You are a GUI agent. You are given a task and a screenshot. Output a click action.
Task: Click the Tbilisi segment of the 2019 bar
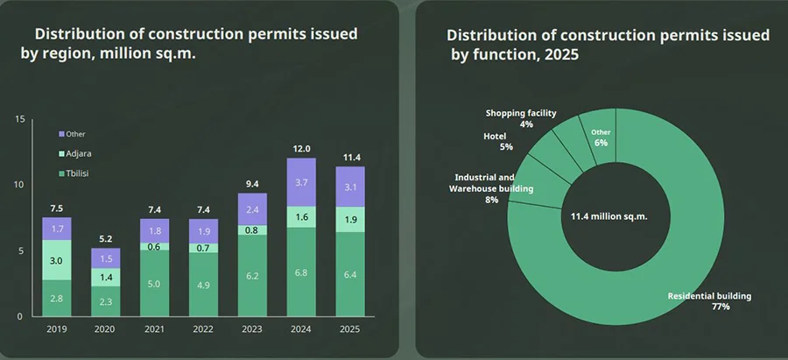[57, 299]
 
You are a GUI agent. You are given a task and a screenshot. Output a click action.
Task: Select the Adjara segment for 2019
[57, 260]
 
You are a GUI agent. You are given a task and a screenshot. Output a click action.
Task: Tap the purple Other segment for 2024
[301, 182]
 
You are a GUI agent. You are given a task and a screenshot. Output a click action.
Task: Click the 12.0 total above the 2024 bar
[301, 149]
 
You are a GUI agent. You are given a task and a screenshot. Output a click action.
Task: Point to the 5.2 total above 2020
[105, 239]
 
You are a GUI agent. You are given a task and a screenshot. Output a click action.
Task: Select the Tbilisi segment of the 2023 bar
[252, 275]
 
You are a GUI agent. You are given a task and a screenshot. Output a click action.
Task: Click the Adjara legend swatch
[61, 153]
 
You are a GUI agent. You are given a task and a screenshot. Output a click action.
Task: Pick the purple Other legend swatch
[61, 134]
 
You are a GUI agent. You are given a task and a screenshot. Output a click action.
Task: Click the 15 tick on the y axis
[19, 119]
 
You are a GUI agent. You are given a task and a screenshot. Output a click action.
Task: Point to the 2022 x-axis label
[203, 328]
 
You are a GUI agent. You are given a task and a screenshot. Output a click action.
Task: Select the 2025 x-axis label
[350, 328]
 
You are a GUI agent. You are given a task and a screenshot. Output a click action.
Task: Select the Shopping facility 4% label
[521, 119]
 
